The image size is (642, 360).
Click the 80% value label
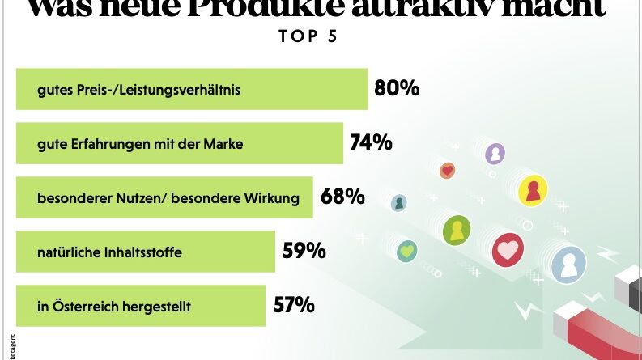(x=397, y=88)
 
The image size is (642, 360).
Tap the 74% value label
(x=371, y=142)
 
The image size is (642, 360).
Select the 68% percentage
(x=342, y=197)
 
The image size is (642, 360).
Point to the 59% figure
(x=304, y=251)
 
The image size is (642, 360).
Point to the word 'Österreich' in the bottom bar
(x=79, y=307)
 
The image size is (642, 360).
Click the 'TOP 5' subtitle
(x=307, y=36)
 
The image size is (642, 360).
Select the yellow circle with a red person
(x=533, y=190)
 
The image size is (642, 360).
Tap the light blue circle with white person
(x=569, y=264)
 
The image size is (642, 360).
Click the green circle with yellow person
(x=457, y=231)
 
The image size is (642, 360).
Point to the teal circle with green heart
(x=409, y=251)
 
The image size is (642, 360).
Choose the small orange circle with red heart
(x=447, y=170)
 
